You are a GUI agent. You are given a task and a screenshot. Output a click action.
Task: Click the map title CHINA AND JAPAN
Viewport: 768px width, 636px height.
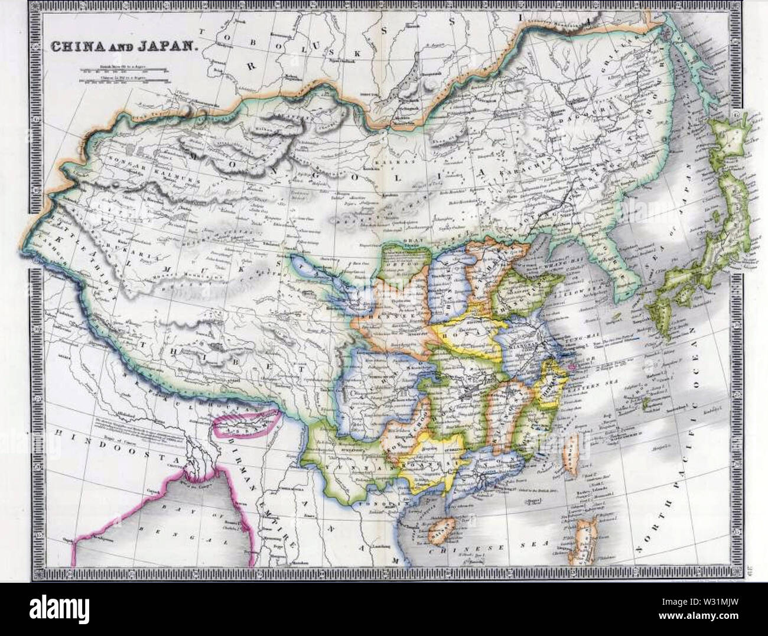(122, 46)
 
